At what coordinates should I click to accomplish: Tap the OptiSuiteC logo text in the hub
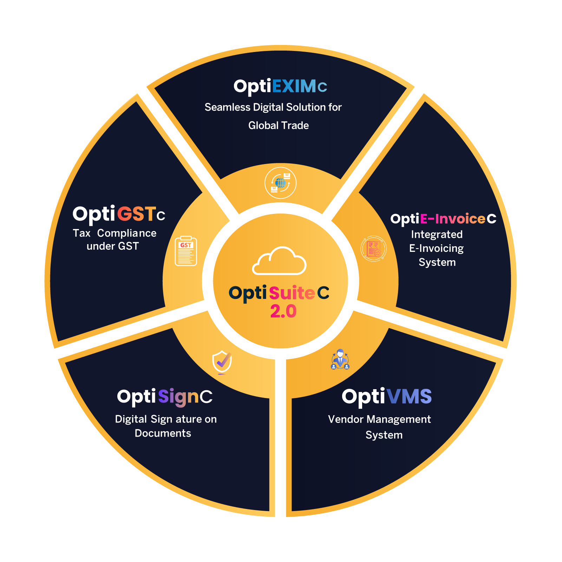pyautogui.click(x=279, y=293)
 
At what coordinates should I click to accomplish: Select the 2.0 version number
pyautogui.click(x=283, y=312)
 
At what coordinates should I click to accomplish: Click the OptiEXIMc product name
pyautogui.click(x=280, y=86)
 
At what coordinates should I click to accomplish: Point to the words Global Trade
pyautogui.click(x=279, y=125)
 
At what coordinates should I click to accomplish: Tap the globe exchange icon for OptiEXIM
pyautogui.click(x=280, y=183)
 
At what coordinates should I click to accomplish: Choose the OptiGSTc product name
pyautogui.click(x=119, y=214)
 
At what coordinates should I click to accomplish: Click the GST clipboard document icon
pyautogui.click(x=186, y=251)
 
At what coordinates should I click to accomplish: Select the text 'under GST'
pyautogui.click(x=113, y=246)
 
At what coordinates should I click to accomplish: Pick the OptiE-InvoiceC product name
pyautogui.click(x=443, y=219)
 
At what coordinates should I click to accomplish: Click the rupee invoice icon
pyautogui.click(x=374, y=249)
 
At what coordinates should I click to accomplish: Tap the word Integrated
pyautogui.click(x=437, y=234)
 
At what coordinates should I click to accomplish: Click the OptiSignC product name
pyautogui.click(x=165, y=397)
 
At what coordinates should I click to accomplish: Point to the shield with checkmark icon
pyautogui.click(x=222, y=362)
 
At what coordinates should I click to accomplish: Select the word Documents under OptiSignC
pyautogui.click(x=163, y=433)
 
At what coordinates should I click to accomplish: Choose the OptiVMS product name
pyautogui.click(x=387, y=397)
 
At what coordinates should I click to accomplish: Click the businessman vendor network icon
pyautogui.click(x=340, y=359)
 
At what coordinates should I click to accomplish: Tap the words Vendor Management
pyautogui.click(x=379, y=419)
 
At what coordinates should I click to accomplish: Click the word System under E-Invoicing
pyautogui.click(x=437, y=262)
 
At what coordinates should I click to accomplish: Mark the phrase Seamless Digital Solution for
pyautogui.click(x=273, y=107)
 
